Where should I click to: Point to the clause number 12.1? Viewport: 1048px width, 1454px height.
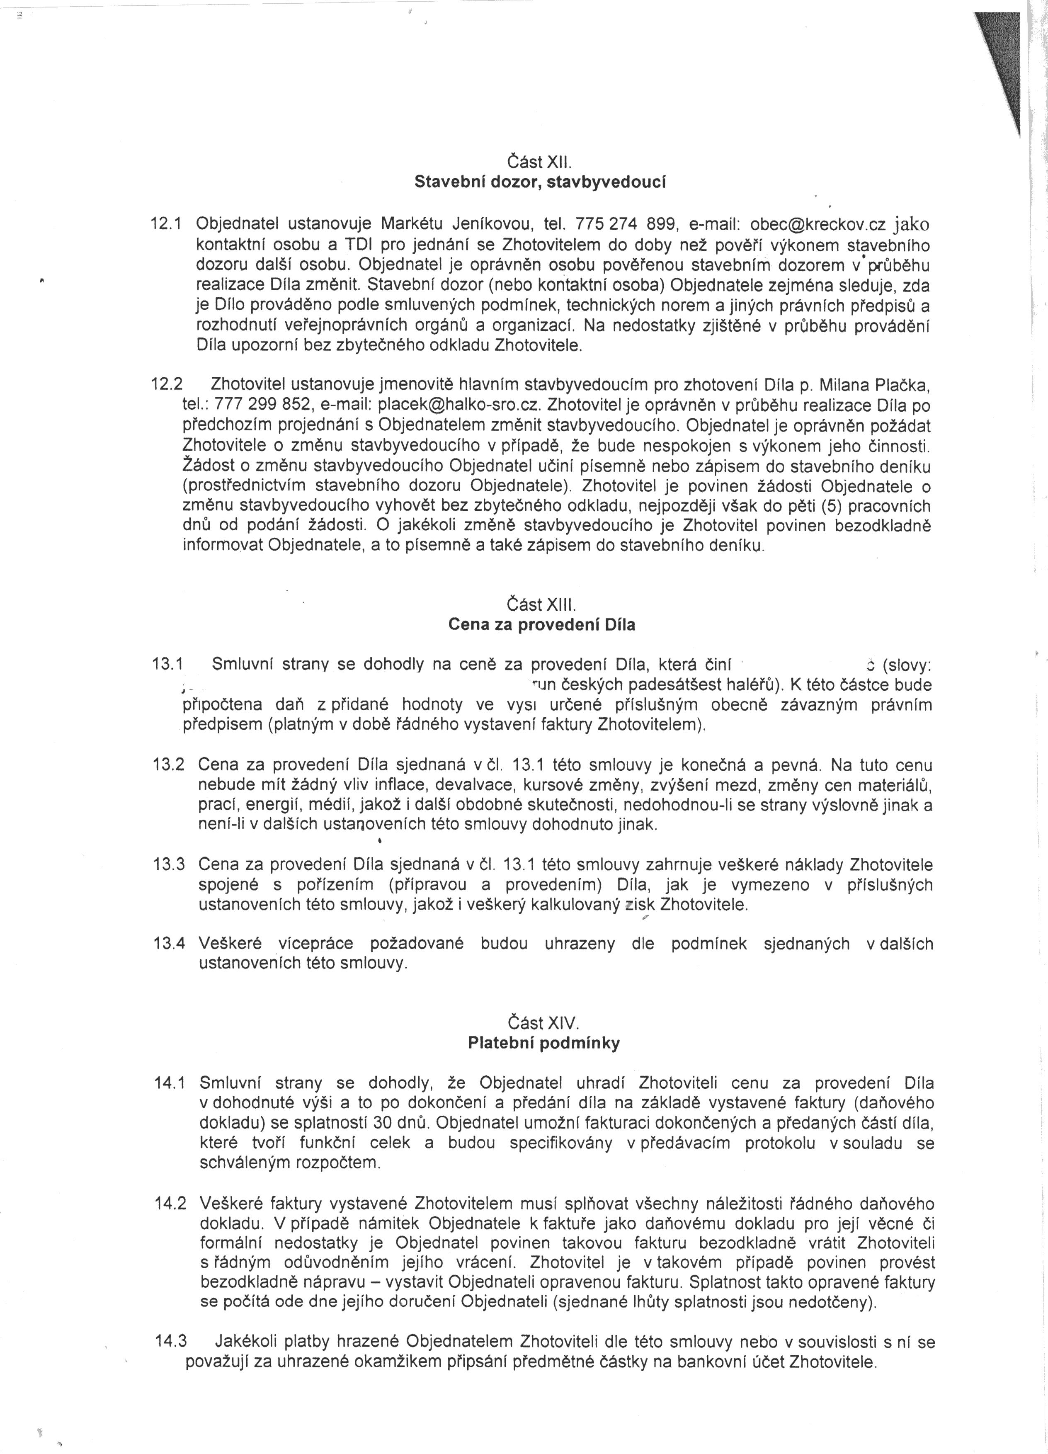pyautogui.click(x=166, y=224)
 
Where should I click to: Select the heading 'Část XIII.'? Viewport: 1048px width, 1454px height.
pyautogui.click(x=542, y=604)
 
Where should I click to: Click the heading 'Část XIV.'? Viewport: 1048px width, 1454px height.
pyautogui.click(x=543, y=1022)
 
